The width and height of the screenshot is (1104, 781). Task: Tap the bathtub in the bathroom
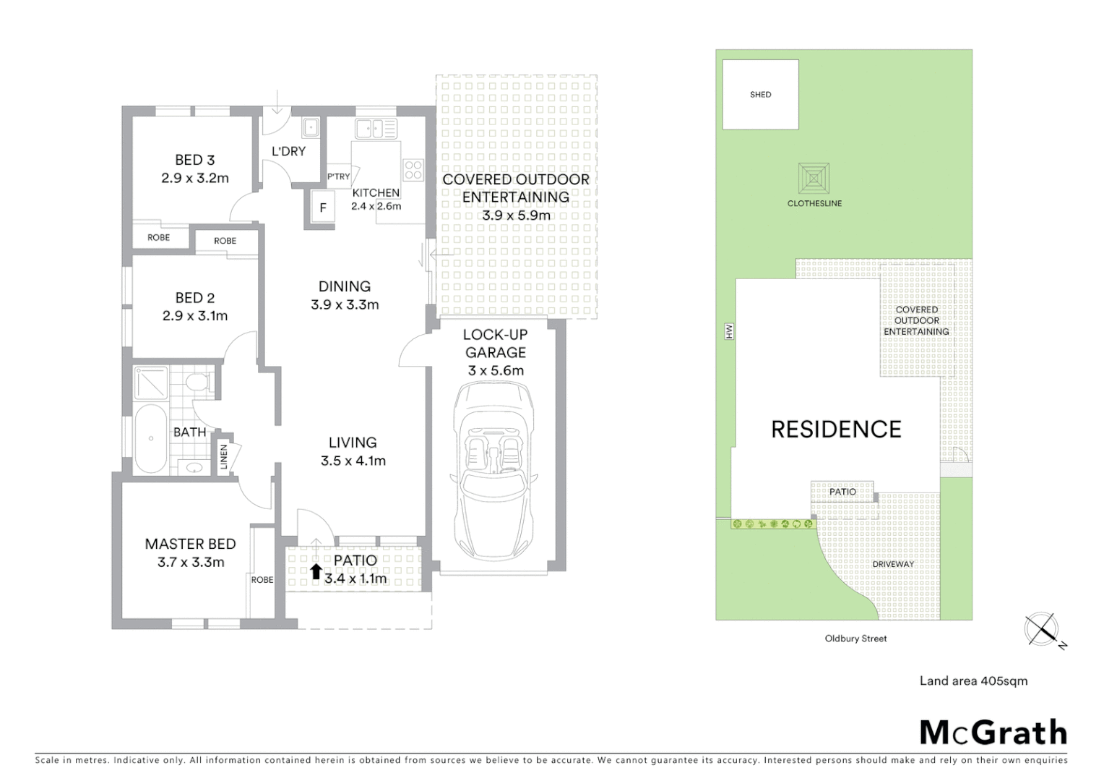pos(151,438)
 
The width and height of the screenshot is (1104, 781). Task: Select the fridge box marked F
pos(323,208)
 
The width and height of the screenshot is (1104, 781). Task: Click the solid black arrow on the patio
pos(316,572)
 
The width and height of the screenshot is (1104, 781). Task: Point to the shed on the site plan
pos(760,95)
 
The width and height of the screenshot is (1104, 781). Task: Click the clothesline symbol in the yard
pos(814,178)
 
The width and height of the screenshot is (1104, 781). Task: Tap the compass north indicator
pos(1043,629)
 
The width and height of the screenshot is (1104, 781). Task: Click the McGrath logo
pos(993,733)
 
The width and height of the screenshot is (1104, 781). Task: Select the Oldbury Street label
pos(855,639)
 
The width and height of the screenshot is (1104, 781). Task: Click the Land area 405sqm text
pos(973,680)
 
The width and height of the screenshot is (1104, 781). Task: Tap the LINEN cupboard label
pos(224,457)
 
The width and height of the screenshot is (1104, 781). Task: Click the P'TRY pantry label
pos(338,176)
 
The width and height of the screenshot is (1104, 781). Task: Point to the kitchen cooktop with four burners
pos(413,170)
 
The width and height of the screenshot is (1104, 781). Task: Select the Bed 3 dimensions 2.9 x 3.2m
pos(195,178)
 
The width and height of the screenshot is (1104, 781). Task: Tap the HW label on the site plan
pos(729,332)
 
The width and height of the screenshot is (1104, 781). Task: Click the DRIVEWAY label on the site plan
pos(893,564)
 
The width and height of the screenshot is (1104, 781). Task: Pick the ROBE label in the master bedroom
pos(262,580)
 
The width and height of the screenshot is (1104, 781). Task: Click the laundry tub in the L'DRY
pos(311,128)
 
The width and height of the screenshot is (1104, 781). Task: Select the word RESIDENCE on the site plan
pos(836,430)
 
